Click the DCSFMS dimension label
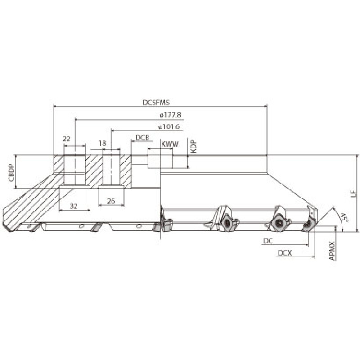(156, 103)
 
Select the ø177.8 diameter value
(171, 115)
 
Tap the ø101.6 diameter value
(169, 126)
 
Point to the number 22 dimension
(67, 139)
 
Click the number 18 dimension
(103, 143)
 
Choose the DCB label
(143, 138)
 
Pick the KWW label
(170, 144)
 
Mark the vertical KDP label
(194, 147)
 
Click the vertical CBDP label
(12, 173)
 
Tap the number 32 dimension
(73, 206)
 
